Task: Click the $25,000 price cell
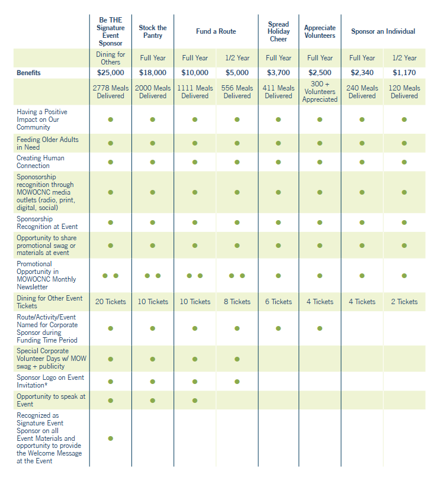[x=110, y=73]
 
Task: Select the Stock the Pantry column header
[x=152, y=31]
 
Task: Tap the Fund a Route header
[x=216, y=31]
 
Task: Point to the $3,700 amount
[x=278, y=73]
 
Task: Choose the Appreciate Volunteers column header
[x=320, y=31]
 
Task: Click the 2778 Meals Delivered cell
[x=110, y=92]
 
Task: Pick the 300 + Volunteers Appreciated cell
[x=320, y=92]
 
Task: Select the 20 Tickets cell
[x=110, y=302]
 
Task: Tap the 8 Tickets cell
[x=237, y=302]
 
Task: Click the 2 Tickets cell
[x=404, y=302]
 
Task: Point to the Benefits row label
[x=28, y=73]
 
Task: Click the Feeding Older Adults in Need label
[x=47, y=143]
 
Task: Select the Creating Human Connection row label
[x=41, y=162]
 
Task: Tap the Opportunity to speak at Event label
[x=51, y=400]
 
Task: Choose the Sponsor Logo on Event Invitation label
[x=50, y=381]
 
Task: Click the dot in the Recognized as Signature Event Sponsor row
[x=110, y=438]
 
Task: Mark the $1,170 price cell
[x=404, y=73]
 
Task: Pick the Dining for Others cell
[x=110, y=58]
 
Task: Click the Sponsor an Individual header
[x=383, y=31]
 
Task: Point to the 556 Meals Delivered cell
[x=237, y=92]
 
